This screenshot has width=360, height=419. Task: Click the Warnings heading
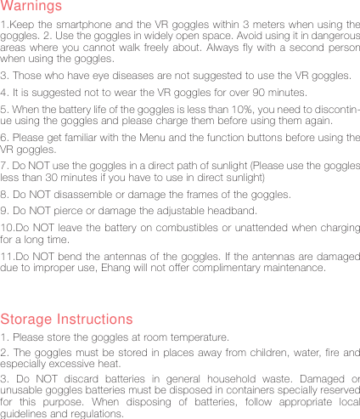tap(31, 7)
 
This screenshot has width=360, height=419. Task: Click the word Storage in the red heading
tap(26, 320)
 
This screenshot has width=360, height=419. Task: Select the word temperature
tap(193, 337)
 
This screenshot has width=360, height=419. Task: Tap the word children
tap(235, 354)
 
